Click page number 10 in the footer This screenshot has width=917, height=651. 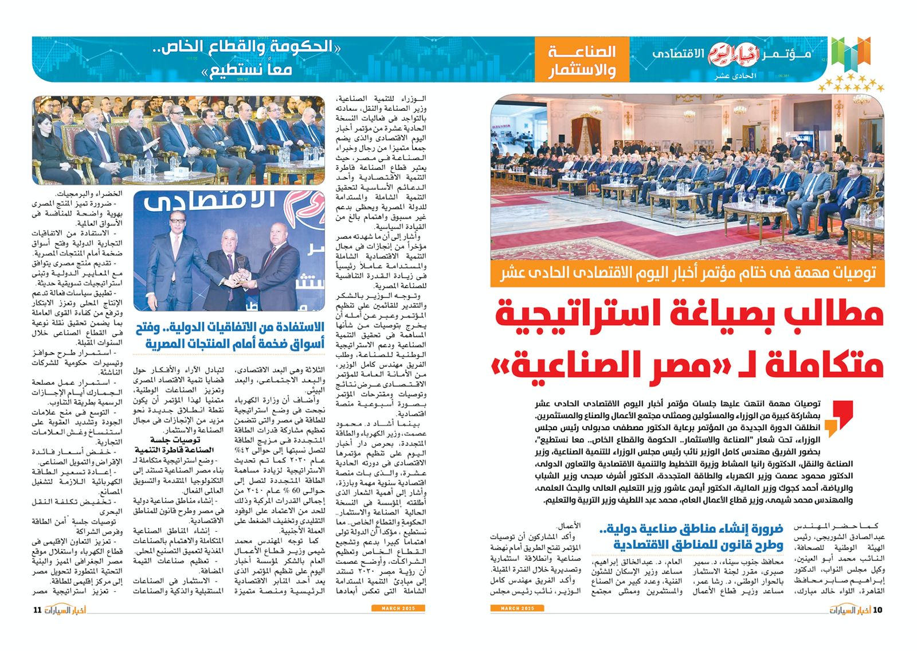pos(877,610)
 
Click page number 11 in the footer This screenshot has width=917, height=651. pos(38,610)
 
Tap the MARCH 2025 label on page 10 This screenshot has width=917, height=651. pos(517,608)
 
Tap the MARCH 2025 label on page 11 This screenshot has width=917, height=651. pos(398,608)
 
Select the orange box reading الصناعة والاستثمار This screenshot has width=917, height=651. pos(582,60)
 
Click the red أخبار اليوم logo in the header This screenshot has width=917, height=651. pos(733,54)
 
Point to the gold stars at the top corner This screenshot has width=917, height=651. pos(851,83)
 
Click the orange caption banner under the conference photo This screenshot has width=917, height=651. pos(687,273)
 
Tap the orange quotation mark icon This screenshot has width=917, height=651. pos(838,418)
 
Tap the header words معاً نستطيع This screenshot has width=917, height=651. pos(246,70)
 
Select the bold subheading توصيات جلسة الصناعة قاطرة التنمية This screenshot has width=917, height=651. pos(174,445)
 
